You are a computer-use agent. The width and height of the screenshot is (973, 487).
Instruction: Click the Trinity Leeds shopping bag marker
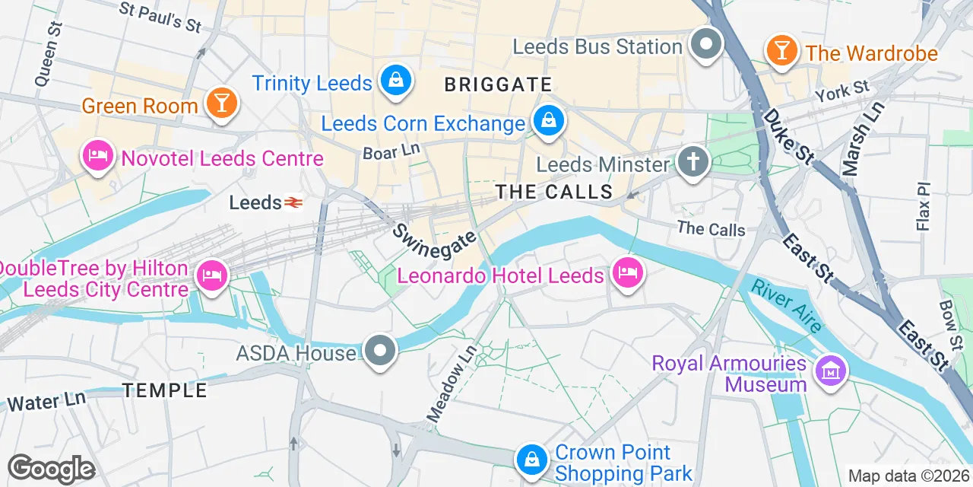coord(395,79)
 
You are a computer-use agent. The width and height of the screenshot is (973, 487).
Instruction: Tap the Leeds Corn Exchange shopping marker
coord(547,120)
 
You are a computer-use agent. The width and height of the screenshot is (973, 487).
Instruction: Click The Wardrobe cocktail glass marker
coord(780,50)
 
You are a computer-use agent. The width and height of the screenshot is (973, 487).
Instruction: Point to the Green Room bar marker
coord(221,103)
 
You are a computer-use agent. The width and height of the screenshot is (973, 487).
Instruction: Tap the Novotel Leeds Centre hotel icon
coord(98,156)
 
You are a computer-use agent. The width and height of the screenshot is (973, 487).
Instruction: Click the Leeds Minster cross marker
coord(692,161)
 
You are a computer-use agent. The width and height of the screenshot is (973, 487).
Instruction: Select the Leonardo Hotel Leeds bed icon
coord(627,272)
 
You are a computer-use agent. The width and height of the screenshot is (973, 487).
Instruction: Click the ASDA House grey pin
coord(380,351)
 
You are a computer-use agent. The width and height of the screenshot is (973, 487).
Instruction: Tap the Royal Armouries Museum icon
coord(831,371)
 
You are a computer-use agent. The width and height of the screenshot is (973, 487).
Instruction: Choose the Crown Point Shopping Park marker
coord(532,460)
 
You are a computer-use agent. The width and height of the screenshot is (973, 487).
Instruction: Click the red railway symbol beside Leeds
coord(293,202)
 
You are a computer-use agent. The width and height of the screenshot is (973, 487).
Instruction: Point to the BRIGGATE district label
coord(498,84)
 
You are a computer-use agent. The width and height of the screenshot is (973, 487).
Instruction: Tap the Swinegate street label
coord(434,235)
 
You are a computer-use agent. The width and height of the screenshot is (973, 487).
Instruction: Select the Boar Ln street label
coord(391,151)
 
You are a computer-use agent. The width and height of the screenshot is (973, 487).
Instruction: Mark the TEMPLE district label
coord(165,390)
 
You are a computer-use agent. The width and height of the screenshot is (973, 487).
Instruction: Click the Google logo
coord(51,469)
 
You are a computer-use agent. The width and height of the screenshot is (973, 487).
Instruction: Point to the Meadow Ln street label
coord(451,384)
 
